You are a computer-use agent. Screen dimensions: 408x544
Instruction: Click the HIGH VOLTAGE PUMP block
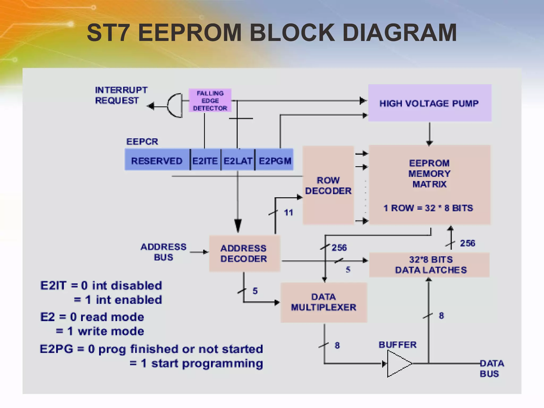click(430, 103)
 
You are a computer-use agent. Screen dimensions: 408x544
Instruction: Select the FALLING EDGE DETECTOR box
click(210, 101)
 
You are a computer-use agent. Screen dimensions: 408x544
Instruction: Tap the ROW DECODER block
click(328, 185)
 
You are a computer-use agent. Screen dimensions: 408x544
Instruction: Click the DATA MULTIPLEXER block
click(324, 302)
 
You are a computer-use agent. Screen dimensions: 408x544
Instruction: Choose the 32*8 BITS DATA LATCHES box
click(430, 265)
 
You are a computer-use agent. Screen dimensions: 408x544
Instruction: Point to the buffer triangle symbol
click(398, 363)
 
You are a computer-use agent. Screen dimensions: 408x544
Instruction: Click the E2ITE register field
click(205, 161)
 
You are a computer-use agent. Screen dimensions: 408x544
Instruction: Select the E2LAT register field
click(238, 161)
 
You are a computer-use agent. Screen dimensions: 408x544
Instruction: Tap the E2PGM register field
click(275, 161)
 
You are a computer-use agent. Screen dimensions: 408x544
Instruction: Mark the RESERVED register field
click(157, 161)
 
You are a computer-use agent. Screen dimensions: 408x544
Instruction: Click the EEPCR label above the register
click(142, 142)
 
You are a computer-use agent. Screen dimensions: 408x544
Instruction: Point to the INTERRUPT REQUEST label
click(121, 95)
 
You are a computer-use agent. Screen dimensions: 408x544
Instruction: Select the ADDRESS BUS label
click(163, 252)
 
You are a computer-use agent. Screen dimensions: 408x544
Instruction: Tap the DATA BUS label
click(491, 368)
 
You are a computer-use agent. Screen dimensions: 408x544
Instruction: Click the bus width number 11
click(288, 212)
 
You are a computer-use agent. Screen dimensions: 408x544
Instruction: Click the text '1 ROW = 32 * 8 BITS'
click(428, 208)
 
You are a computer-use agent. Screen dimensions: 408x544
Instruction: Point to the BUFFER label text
click(397, 345)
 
